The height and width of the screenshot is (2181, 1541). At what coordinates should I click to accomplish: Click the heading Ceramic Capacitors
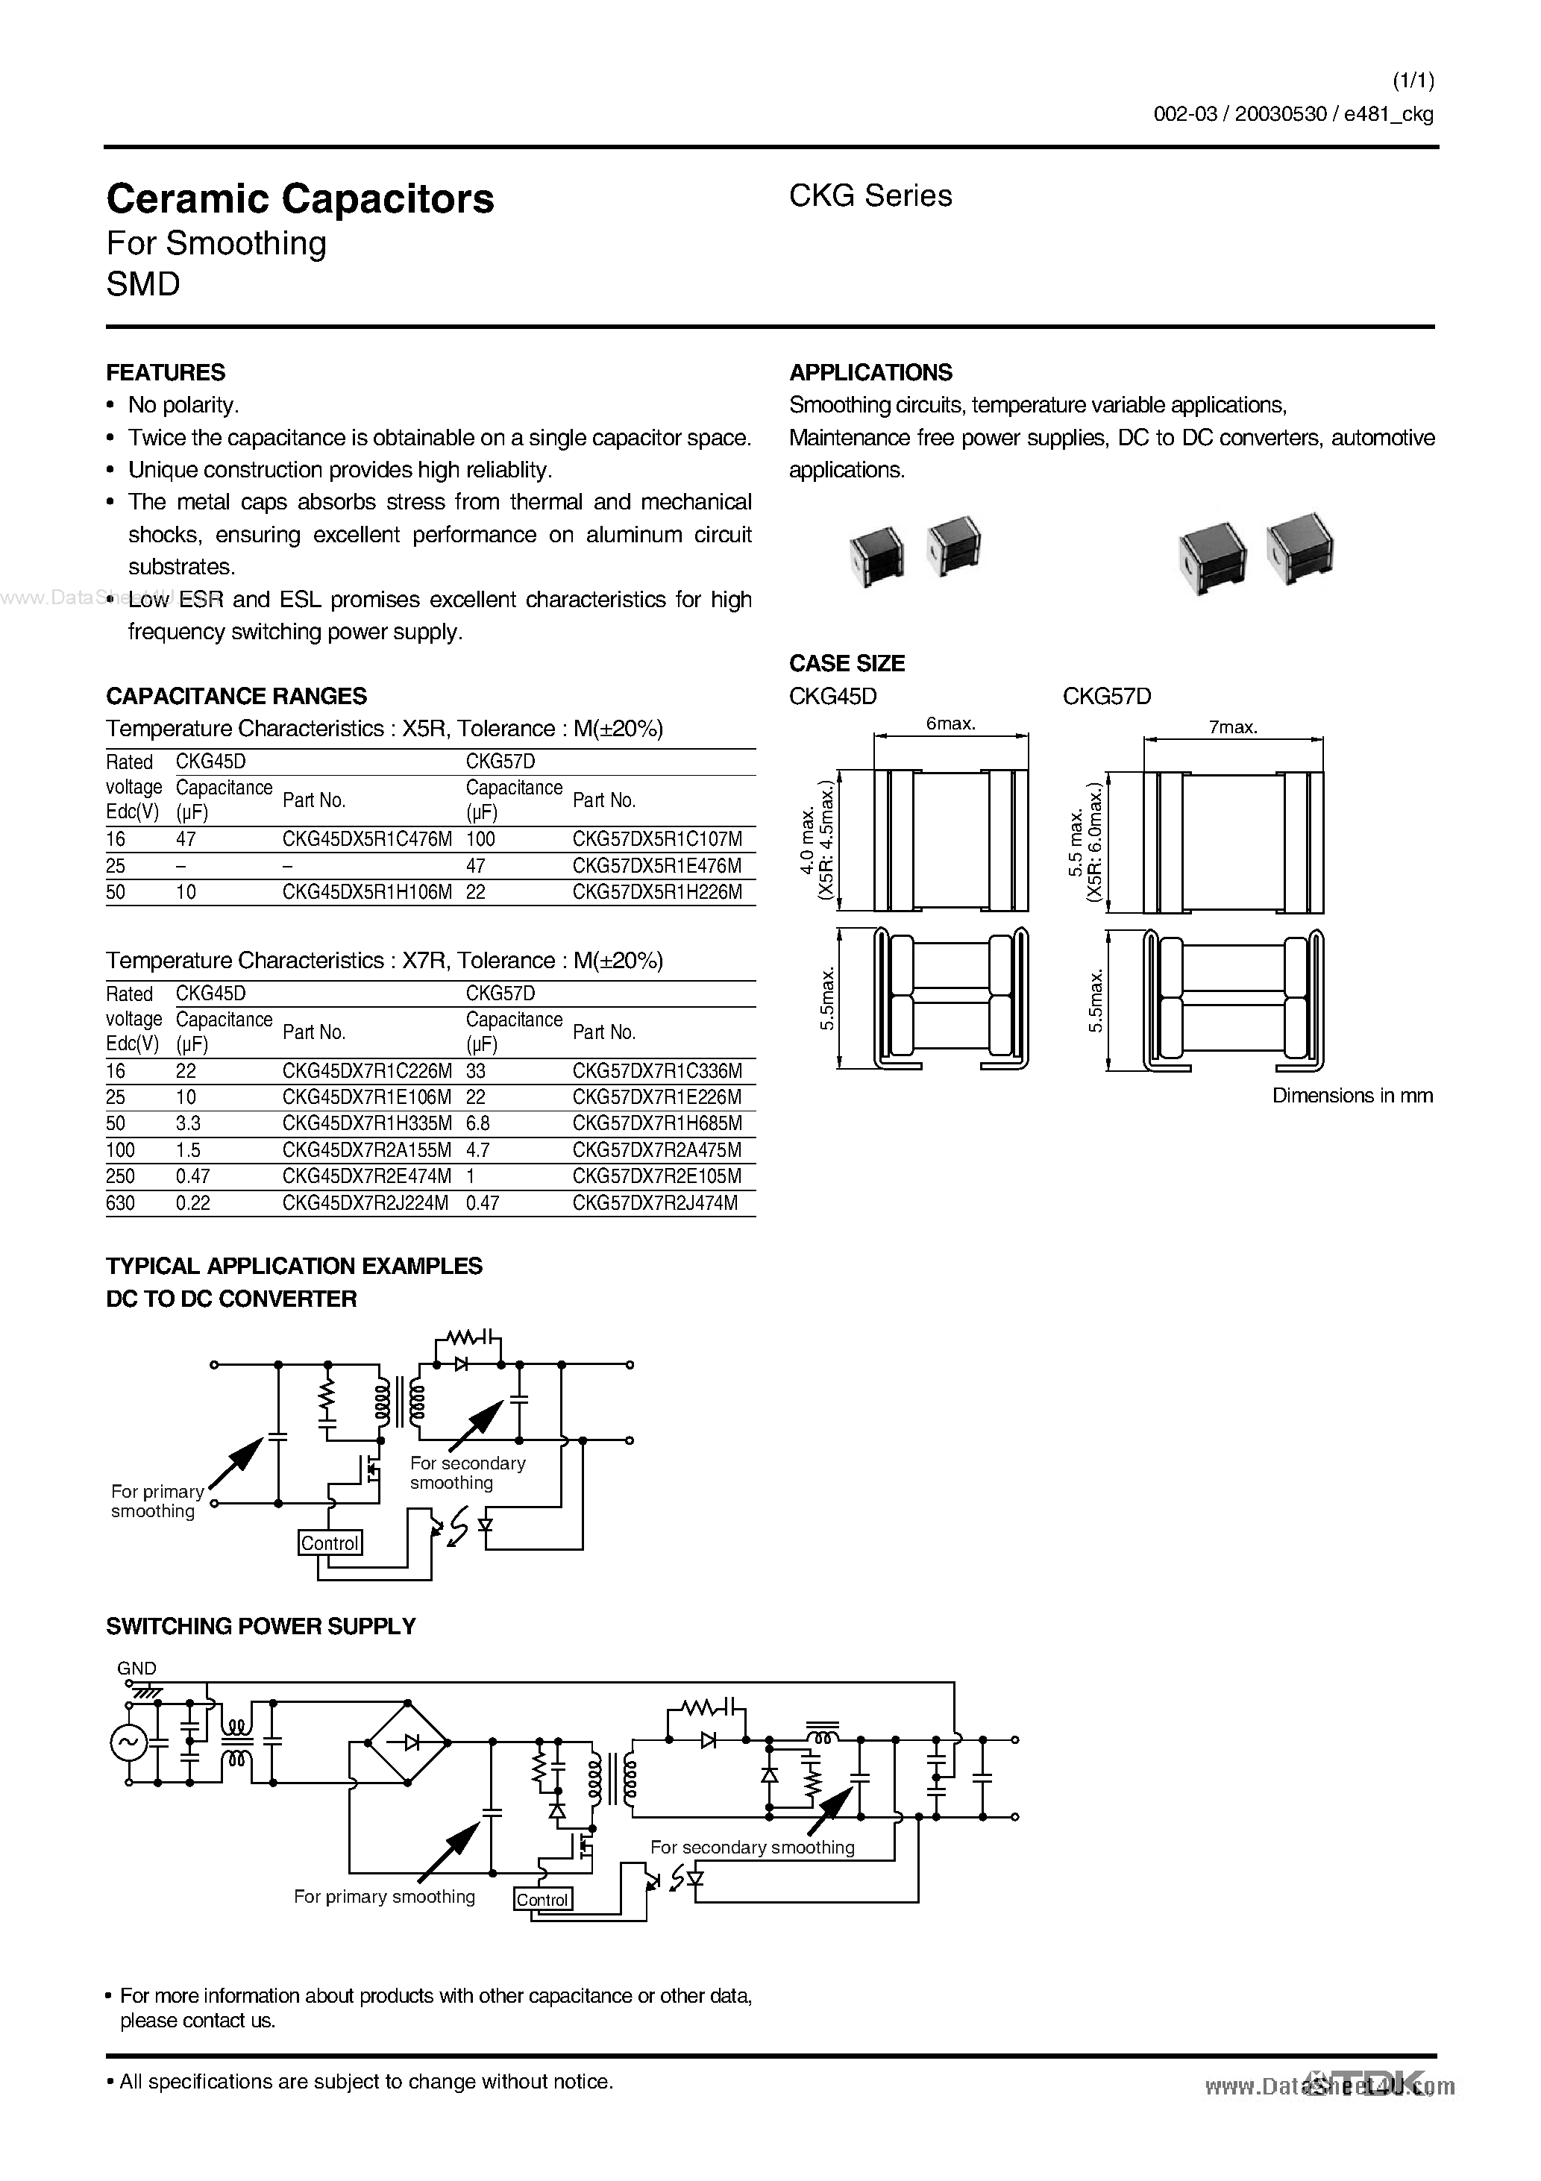(301, 199)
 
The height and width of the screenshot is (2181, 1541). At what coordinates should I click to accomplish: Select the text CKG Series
(870, 195)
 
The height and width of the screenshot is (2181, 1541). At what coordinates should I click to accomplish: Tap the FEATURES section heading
(166, 372)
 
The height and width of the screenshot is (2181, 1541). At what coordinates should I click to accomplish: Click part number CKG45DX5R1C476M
(367, 840)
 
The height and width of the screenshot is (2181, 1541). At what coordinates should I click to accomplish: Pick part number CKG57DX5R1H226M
(656, 892)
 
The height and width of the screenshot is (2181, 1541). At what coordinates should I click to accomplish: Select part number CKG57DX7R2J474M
(655, 1204)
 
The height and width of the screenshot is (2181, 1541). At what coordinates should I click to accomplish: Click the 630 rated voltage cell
(121, 1204)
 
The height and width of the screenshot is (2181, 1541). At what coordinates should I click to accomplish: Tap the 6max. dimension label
(950, 724)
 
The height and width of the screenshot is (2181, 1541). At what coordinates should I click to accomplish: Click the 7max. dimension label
(1232, 728)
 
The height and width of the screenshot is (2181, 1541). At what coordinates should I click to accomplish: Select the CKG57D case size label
(1106, 696)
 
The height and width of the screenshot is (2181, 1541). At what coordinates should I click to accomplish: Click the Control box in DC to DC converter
(330, 1543)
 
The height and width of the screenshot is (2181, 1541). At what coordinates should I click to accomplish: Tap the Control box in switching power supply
(542, 1900)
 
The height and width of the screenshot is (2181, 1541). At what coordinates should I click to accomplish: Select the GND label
(136, 1668)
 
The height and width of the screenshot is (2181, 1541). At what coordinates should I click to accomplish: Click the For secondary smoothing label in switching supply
(752, 1848)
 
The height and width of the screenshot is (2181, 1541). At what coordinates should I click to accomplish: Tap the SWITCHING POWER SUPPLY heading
(260, 1626)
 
